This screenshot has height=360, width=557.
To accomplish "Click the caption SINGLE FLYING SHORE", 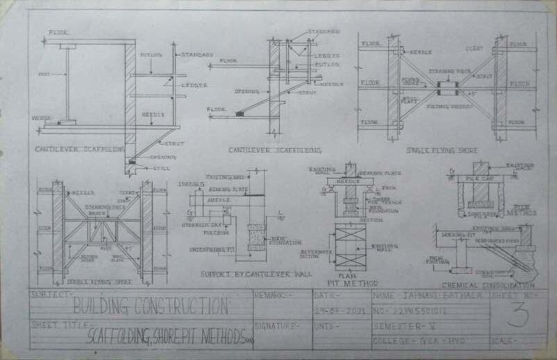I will (x=433, y=149).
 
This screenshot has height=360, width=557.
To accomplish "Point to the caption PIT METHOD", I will (x=354, y=284).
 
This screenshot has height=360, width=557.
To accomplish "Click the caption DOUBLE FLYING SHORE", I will (x=100, y=281).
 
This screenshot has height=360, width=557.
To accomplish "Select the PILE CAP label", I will (x=477, y=179).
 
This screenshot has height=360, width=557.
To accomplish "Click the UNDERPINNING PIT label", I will (x=208, y=247).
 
